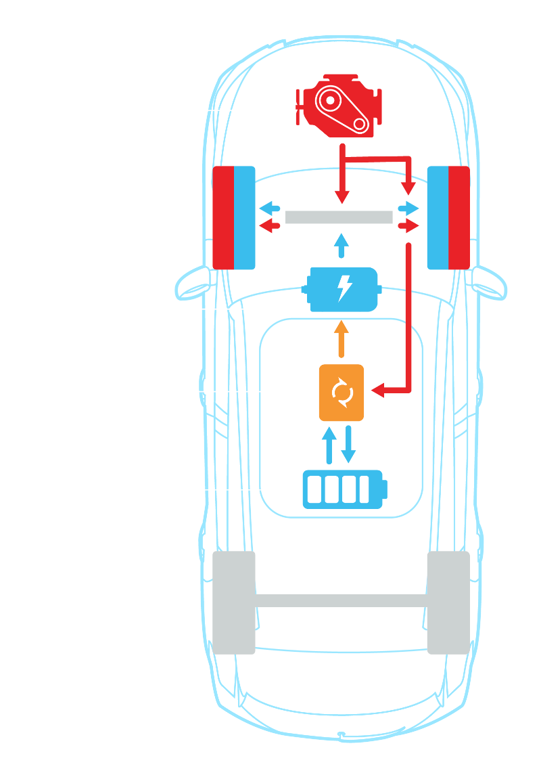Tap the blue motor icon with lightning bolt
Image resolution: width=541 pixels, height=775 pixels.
342,290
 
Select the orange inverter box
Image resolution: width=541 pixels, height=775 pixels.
342,393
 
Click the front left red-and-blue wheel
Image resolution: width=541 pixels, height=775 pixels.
234,218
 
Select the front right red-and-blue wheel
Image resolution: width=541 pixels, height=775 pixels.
448,218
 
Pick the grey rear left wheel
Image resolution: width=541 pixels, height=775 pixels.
234,602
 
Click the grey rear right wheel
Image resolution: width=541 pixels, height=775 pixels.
448,602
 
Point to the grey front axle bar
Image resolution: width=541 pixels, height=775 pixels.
339,217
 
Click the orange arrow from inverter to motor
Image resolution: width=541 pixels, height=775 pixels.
342,339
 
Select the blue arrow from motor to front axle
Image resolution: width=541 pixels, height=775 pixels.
342,244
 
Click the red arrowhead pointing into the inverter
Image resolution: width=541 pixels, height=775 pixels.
377,391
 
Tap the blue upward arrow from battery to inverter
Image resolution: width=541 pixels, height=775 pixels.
329,444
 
